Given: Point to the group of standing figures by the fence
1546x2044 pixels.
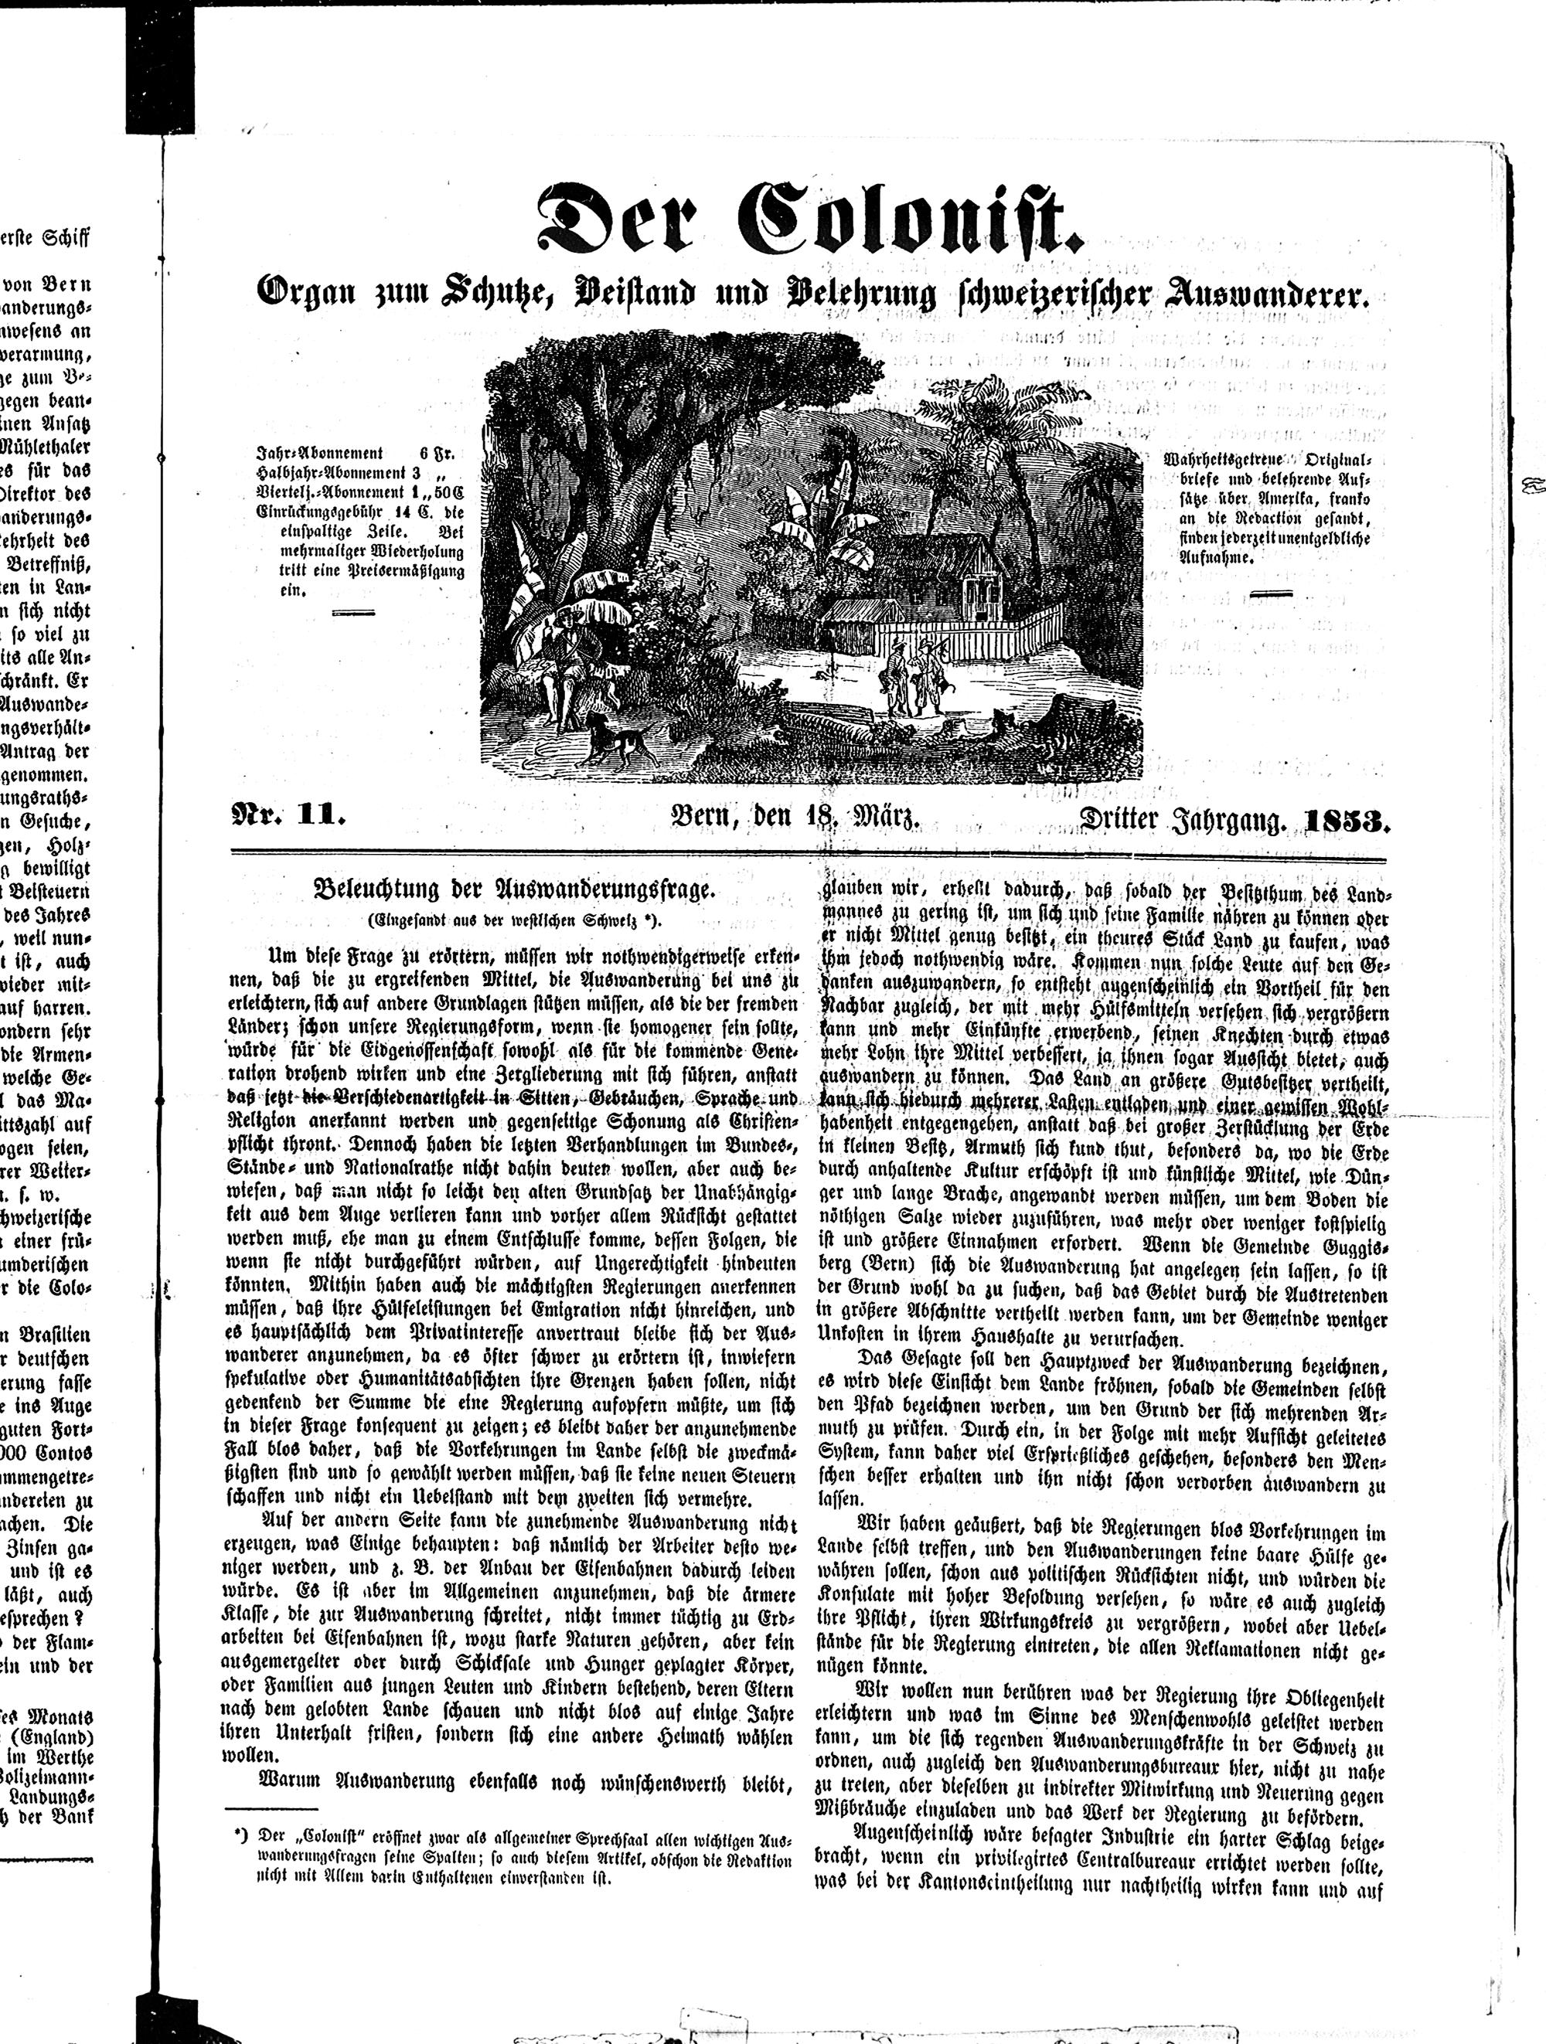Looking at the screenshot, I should [911, 679].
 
